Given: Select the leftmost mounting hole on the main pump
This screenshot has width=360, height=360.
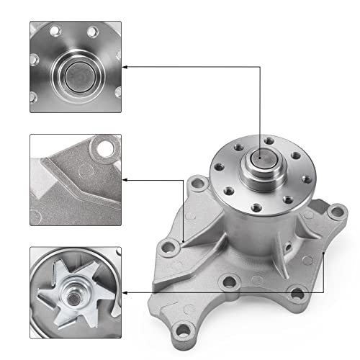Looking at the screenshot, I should (169, 249).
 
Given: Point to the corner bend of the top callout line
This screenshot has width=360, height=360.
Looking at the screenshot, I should (259, 67).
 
